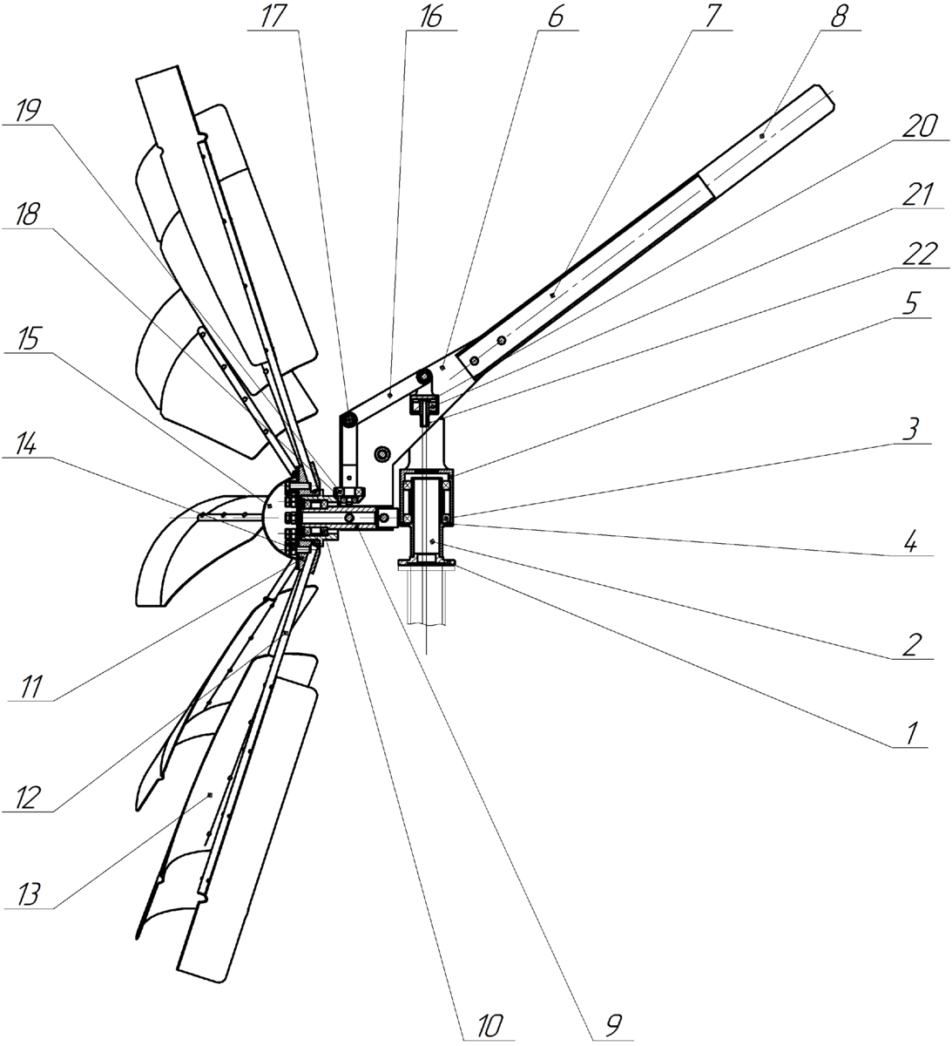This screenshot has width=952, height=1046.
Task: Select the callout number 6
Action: point(556,17)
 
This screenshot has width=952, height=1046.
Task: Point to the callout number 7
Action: point(702,17)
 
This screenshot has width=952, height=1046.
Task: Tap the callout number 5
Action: point(911,304)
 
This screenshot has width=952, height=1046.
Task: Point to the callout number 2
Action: point(911,645)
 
